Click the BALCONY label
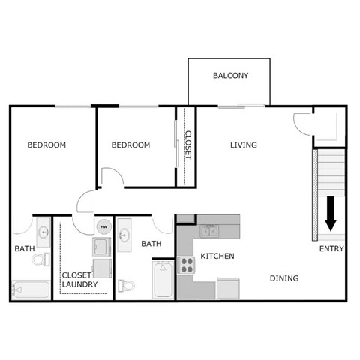click(x=230, y=76)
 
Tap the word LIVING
click(x=244, y=145)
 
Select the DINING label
click(x=284, y=278)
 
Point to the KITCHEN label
click(x=217, y=256)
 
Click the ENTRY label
click(x=331, y=249)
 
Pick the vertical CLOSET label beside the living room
click(x=187, y=145)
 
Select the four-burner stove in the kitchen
click(x=187, y=265)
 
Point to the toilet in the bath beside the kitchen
click(x=127, y=283)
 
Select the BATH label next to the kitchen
click(x=151, y=244)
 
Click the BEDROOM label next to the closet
click(x=130, y=145)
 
